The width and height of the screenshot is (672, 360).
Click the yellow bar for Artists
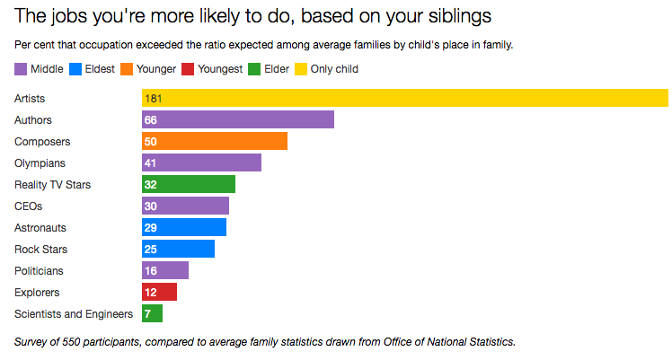tap(405, 98)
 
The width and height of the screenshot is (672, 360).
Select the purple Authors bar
tap(238, 120)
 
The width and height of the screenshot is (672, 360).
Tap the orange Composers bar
tap(215, 141)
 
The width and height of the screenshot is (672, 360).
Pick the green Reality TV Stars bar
tap(189, 185)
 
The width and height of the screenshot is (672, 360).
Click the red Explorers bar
tap(159, 292)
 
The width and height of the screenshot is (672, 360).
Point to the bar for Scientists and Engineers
tap(152, 314)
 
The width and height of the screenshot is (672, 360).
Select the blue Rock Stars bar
tap(178, 249)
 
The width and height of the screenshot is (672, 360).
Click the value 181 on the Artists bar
tap(153, 99)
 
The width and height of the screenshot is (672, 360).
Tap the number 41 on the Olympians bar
tap(150, 163)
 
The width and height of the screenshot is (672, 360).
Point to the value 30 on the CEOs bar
tap(150, 206)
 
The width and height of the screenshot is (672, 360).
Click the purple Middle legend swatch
tap(21, 69)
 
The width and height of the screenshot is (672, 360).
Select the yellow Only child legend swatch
tap(301, 69)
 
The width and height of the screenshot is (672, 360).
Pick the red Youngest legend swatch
tap(188, 69)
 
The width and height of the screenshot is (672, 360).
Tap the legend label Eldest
tap(100, 69)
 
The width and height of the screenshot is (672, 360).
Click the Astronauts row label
tap(40, 228)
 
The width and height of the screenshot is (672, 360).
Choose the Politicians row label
tap(39, 271)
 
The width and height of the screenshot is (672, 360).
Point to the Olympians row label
tap(40, 163)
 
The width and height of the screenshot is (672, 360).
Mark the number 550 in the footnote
tap(71, 342)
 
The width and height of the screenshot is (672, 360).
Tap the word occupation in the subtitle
tap(106, 45)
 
